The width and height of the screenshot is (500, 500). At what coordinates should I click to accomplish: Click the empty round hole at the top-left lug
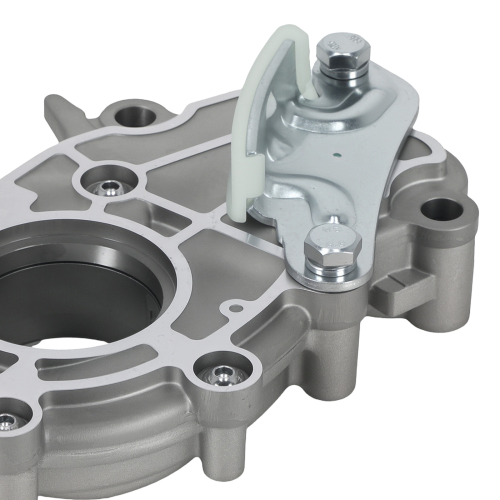coord(133,114)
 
